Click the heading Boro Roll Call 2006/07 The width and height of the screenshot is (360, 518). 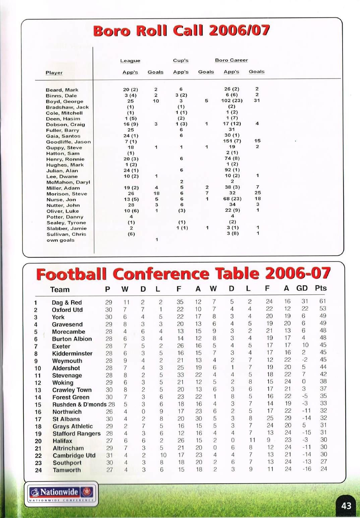[181, 31]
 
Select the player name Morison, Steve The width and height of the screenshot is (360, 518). [66, 194]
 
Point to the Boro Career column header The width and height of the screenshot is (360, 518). [231, 60]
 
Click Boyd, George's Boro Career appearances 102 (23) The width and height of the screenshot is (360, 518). [232, 101]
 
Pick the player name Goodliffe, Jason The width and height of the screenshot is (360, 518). [68, 142]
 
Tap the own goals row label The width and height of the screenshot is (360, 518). [60, 240]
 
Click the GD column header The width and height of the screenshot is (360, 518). [302, 288]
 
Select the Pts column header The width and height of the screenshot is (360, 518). [321, 288]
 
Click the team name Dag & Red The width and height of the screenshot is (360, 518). [67, 302]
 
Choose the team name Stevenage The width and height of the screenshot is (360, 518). [67, 376]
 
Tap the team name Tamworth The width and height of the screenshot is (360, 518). [67, 470]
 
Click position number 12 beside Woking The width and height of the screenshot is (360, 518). [38, 383]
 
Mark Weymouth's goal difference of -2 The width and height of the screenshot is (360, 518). [304, 360]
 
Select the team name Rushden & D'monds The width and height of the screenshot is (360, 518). [79, 404]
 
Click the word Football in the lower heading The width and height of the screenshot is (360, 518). [71, 274]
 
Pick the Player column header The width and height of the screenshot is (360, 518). [54, 73]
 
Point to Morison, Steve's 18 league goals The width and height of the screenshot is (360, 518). [156, 193]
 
